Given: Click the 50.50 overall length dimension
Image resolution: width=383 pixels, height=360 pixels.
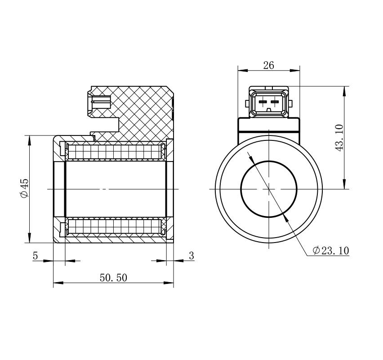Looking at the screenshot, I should [113, 278].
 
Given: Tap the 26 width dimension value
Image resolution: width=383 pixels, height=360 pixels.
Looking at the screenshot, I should [268, 65].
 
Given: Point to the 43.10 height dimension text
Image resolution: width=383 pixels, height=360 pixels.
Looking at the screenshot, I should [339, 138].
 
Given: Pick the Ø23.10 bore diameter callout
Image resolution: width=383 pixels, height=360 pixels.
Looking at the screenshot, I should [331, 251].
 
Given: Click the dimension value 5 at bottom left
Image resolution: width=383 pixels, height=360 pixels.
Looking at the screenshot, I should [36, 256].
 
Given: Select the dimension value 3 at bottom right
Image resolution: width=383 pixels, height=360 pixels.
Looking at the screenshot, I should [191, 256].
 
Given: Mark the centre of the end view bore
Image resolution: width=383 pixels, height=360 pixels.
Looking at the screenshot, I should [269, 189].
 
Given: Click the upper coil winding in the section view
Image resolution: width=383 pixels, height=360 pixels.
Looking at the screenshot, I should [115, 152].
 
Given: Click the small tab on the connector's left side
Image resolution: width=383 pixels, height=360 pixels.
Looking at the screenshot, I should [247, 103].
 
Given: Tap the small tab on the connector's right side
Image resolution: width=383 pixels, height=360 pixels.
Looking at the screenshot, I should [290, 103].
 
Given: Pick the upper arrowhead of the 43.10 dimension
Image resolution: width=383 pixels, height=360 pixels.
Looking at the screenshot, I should [344, 90].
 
